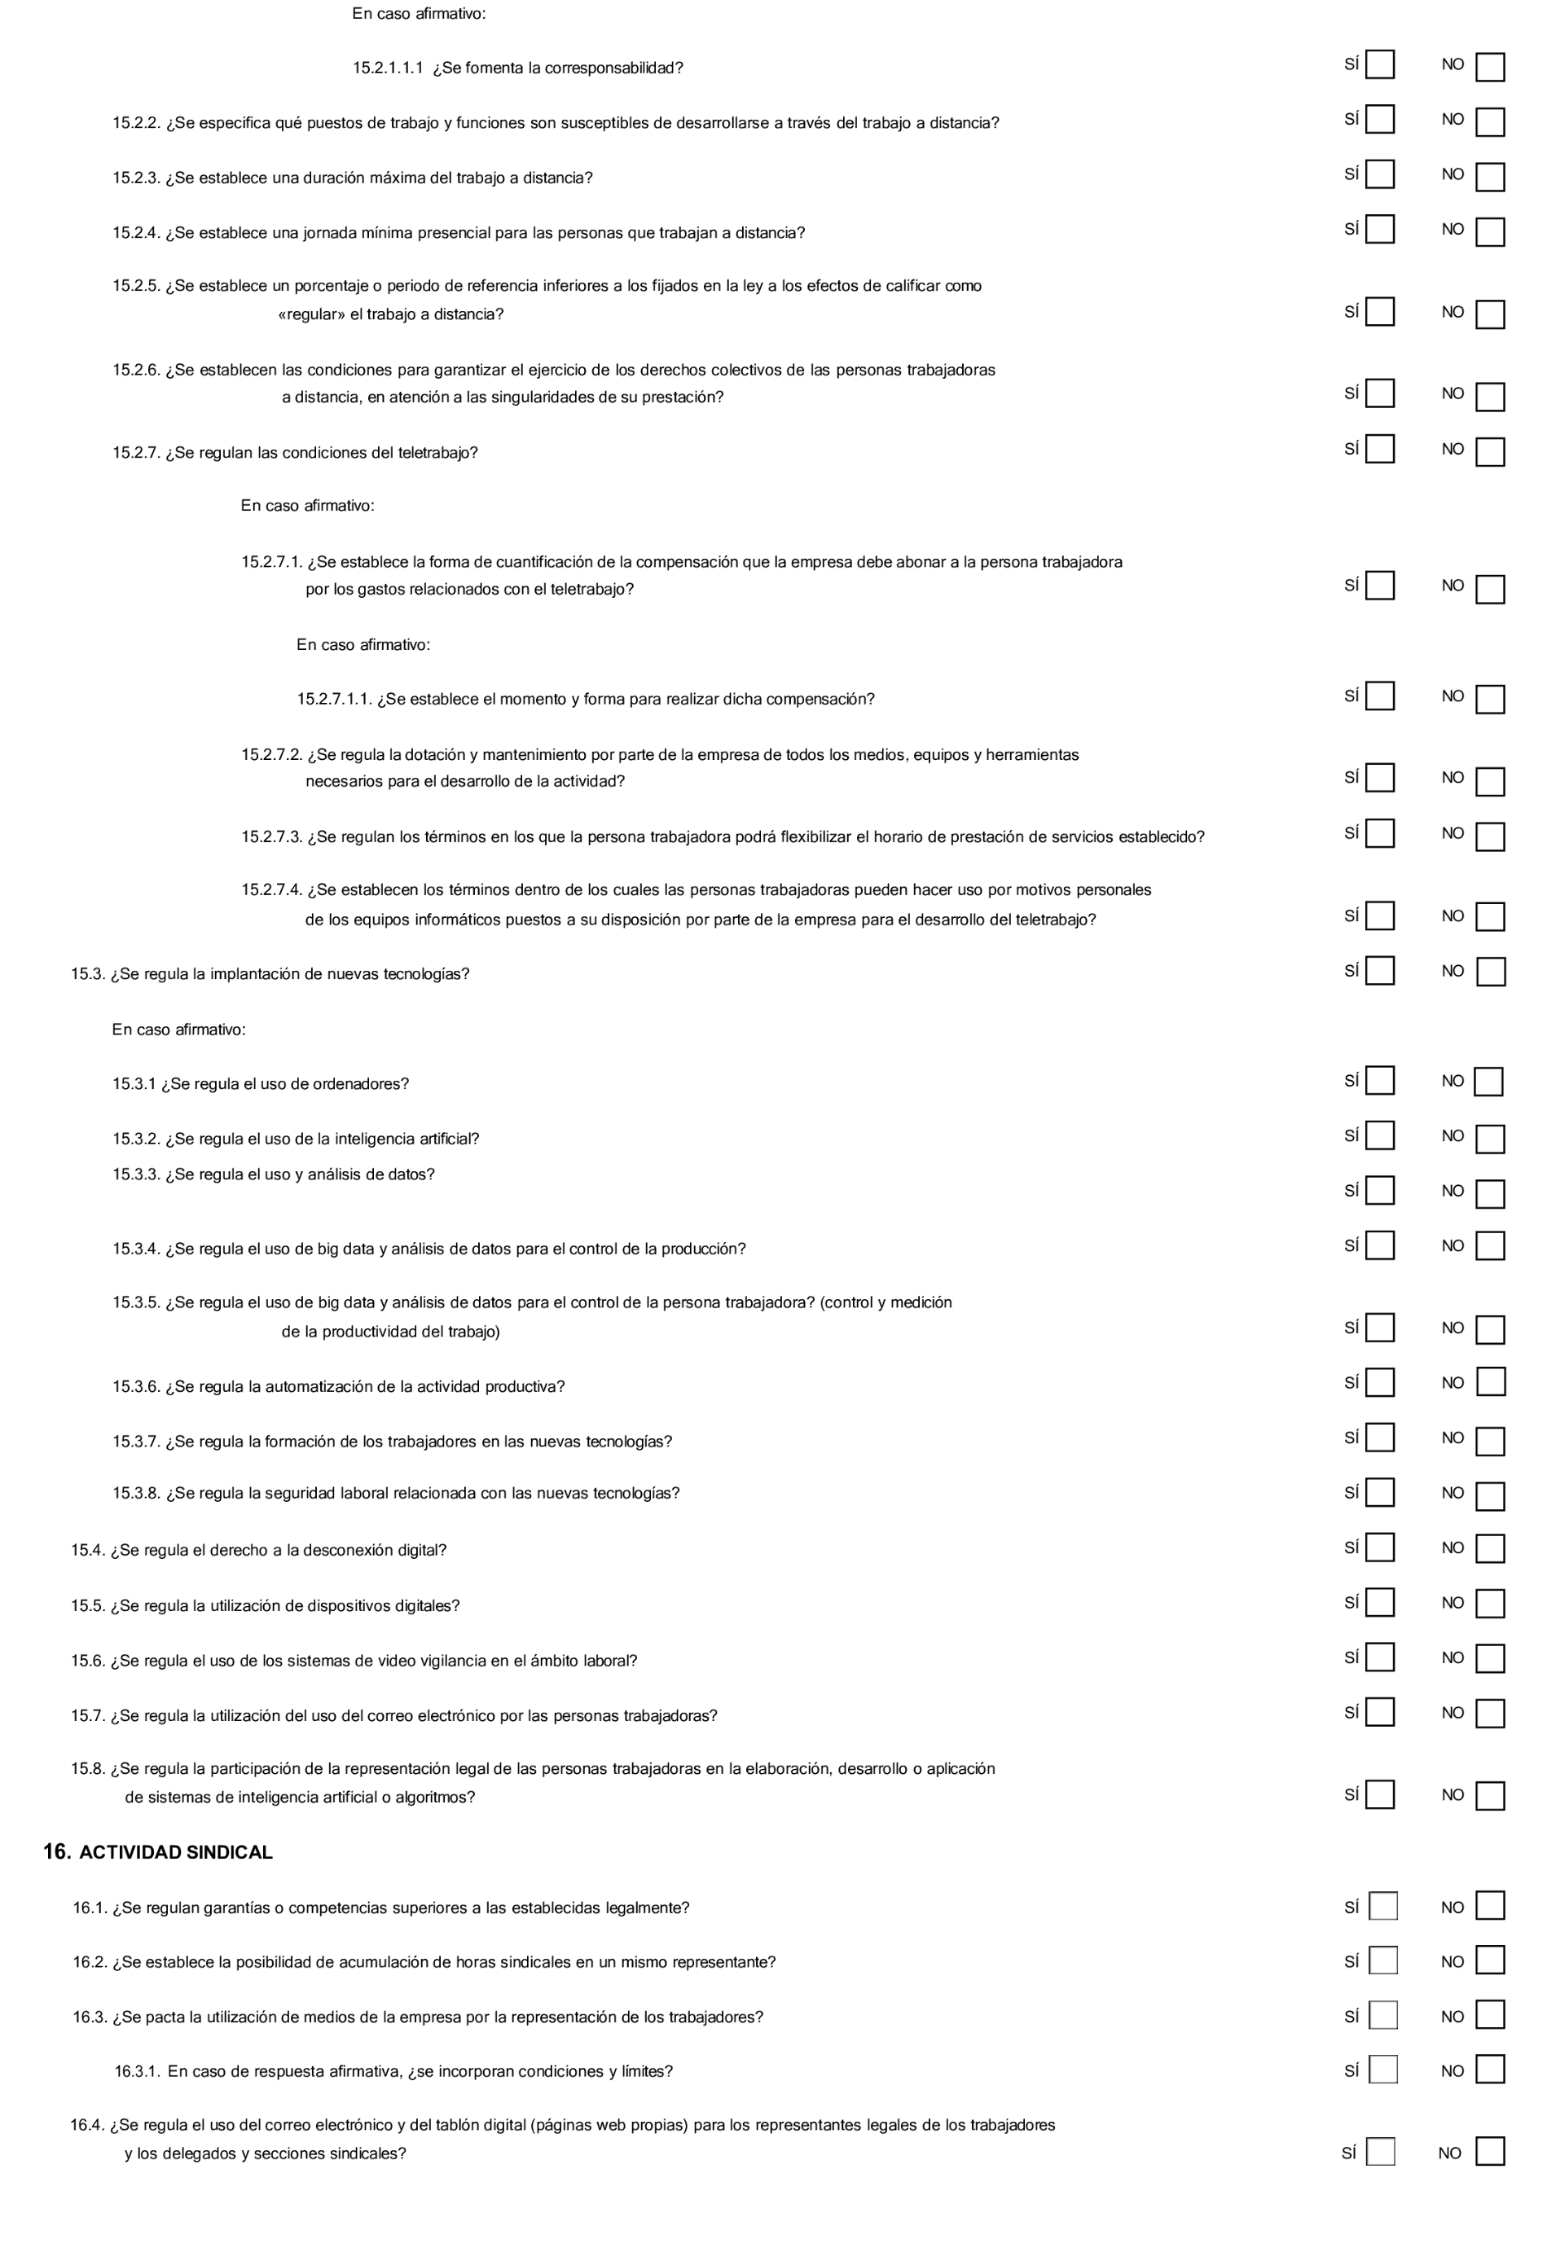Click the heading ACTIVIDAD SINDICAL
click(175, 1852)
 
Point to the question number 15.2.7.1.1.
click(335, 700)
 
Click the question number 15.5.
click(86, 1606)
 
